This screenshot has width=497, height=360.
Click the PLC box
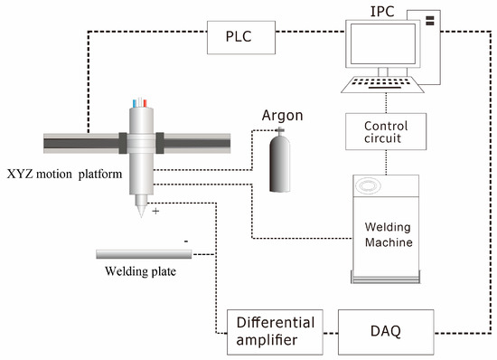(231, 38)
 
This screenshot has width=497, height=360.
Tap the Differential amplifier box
(276, 331)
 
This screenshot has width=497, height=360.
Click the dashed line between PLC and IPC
(307, 38)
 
